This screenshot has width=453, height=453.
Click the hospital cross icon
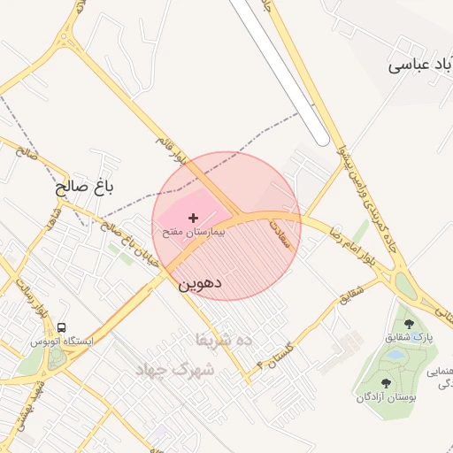194,217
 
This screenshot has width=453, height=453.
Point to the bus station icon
60,328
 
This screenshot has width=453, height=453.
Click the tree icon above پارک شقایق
408,325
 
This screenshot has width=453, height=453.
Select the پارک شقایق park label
408,338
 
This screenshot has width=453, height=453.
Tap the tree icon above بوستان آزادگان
386,383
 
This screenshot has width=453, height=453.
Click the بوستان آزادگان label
386,397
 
